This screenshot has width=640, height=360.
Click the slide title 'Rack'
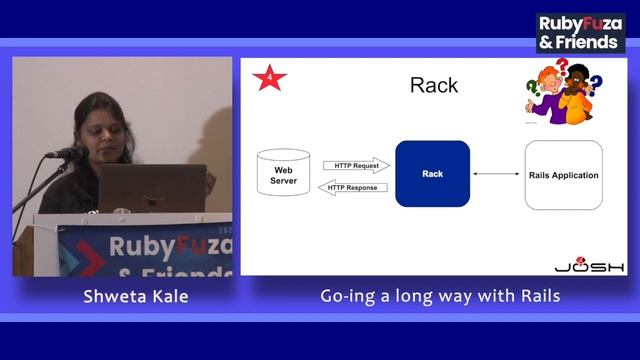[434, 85]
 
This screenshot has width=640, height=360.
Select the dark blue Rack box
[432, 174]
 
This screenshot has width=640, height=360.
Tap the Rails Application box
[563, 175]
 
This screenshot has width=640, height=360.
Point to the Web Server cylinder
[283, 175]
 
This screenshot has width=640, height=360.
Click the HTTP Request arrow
[356, 165]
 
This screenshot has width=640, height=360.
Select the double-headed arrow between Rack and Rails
[497, 175]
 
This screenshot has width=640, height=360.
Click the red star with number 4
[268, 77]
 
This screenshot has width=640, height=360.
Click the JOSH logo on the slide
[589, 265]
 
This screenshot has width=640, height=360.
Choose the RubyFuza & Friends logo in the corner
[580, 32]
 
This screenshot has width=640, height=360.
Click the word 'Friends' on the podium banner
[180, 270]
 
